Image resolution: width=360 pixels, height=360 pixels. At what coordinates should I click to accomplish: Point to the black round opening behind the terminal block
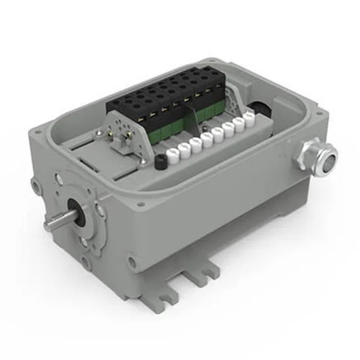tap(258, 107)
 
